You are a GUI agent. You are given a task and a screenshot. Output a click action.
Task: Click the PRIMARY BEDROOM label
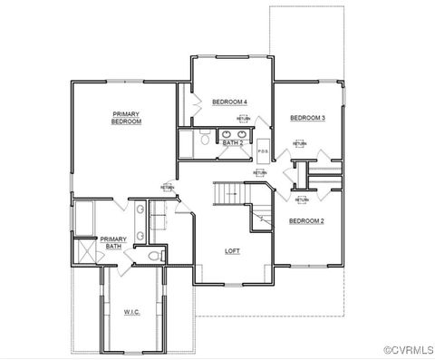click(127, 117)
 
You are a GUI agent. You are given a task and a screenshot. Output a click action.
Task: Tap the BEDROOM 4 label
click(230, 102)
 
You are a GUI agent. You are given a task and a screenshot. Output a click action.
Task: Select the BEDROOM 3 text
click(307, 118)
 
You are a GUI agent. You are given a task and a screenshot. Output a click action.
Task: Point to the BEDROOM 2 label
click(306, 220)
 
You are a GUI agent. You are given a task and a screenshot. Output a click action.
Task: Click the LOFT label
click(232, 250)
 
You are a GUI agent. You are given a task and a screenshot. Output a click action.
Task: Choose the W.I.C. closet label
click(132, 313)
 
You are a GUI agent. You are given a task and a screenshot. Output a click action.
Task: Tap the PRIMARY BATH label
click(113, 242)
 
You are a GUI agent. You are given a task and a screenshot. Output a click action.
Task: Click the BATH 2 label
click(233, 142)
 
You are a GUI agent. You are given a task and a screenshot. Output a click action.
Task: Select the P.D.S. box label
click(263, 151)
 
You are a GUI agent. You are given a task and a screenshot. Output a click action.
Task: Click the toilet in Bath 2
click(205, 141)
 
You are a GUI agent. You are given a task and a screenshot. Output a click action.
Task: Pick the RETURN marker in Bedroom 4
click(244, 119)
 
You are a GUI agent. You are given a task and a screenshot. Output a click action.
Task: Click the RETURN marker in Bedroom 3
click(299, 143)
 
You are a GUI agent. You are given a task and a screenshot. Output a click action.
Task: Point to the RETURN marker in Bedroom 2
click(301, 199)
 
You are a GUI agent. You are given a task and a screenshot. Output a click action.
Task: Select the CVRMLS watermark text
click(408, 350)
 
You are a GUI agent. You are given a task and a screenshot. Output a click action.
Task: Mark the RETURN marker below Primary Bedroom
click(169, 188)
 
